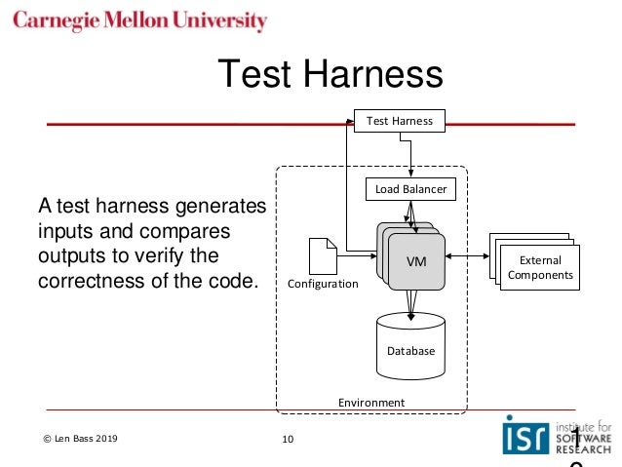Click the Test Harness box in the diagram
tap(399, 121)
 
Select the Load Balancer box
tap(410, 189)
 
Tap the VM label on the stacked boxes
tap(416, 261)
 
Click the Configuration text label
tap(323, 284)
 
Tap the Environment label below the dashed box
tap(370, 402)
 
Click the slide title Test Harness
tap(329, 74)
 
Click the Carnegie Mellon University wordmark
tap(140, 20)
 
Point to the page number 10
tap(287, 440)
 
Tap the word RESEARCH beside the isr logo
tap(582, 449)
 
